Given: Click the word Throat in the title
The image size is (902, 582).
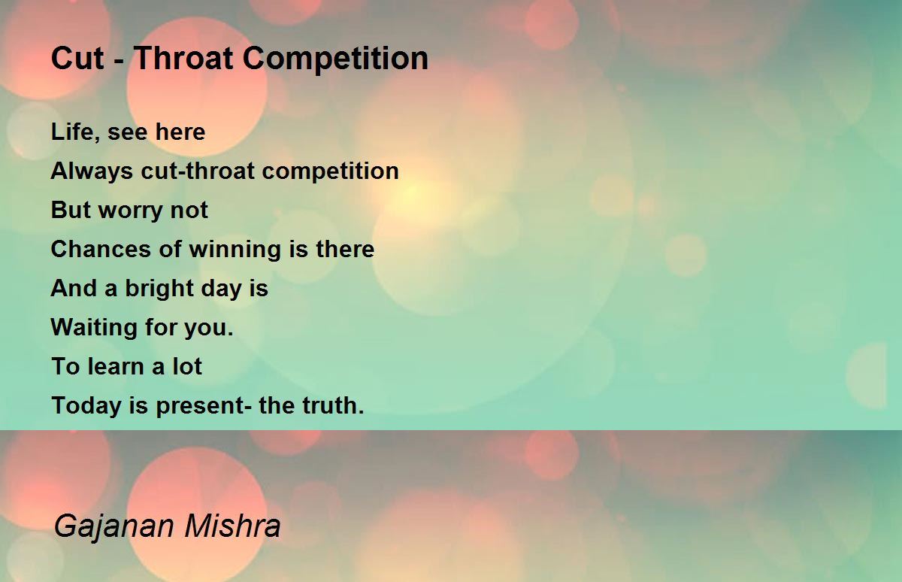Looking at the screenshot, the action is point(183,59).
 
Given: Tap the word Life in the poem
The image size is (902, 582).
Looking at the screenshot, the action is point(72,132).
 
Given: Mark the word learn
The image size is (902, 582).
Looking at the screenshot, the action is point(116,366).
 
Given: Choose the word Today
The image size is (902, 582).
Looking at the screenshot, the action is point(86,406).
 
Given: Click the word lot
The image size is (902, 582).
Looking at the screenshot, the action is point(187,366).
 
